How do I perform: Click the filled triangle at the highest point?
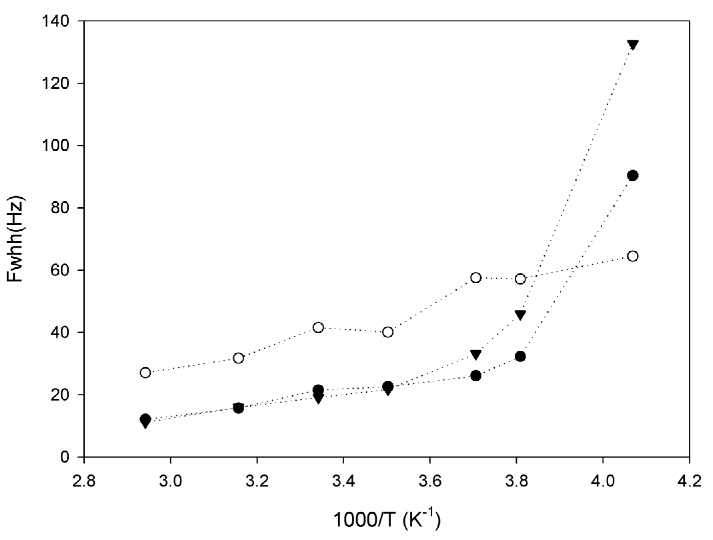pyautogui.click(x=633, y=45)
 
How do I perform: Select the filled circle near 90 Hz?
pyautogui.click(x=633, y=175)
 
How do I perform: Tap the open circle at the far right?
pyautogui.click(x=633, y=256)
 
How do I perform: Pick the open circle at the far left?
pyautogui.click(x=145, y=373)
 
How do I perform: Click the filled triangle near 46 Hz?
pyautogui.click(x=520, y=315)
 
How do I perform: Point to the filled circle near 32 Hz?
pyautogui.click(x=520, y=356)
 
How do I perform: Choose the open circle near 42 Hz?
pyautogui.click(x=319, y=327)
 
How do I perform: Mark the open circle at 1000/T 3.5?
pyautogui.click(x=388, y=332)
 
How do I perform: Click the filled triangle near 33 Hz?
pyautogui.click(x=476, y=355)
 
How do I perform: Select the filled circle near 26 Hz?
pyautogui.click(x=476, y=376)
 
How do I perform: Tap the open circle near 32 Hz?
pyautogui.click(x=239, y=358)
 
